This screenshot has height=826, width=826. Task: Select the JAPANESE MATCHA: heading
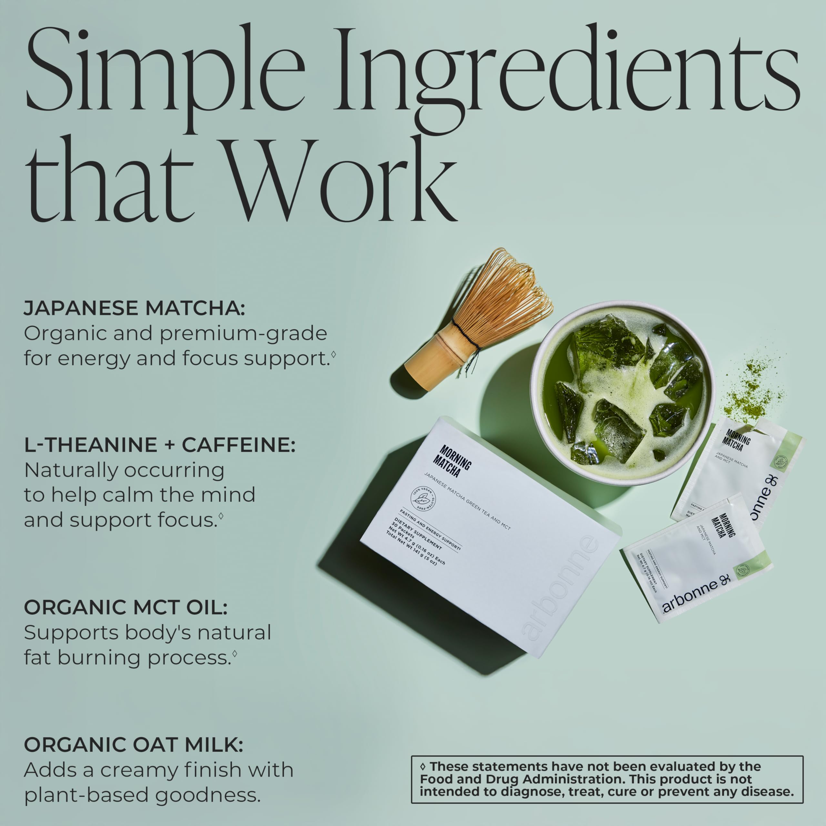(x=135, y=308)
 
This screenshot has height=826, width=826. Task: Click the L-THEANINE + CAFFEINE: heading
(x=159, y=445)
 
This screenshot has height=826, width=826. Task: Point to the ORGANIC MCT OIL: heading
(x=125, y=608)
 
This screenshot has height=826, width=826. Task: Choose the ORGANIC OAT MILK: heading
(x=133, y=745)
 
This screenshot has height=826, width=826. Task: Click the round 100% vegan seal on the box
(x=423, y=499)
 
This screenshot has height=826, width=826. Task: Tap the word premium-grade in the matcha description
(x=243, y=334)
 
